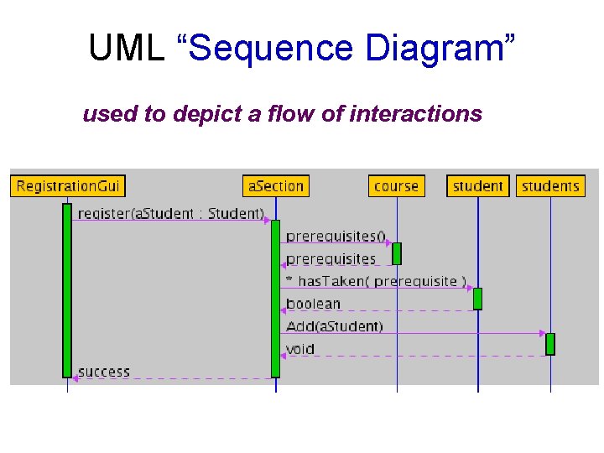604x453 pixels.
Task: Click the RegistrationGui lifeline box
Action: pos(67,185)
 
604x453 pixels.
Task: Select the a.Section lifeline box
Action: pos(276,185)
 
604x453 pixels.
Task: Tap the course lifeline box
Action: pos(397,185)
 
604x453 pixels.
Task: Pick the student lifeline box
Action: pos(478,185)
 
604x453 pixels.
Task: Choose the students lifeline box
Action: pos(550,185)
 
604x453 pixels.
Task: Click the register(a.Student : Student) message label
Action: pos(171,213)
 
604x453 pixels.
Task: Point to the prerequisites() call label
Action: pos(336,237)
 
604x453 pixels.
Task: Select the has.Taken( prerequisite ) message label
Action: pos(377,281)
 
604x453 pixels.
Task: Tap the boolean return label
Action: pos(313,304)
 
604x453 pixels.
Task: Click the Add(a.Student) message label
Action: pos(334,326)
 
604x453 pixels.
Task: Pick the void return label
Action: pos(299,349)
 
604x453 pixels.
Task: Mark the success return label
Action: pos(104,372)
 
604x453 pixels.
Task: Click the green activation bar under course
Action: pos(397,253)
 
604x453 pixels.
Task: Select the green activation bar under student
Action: pos(478,299)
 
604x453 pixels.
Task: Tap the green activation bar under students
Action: pos(550,344)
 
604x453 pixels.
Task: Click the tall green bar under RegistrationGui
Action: pos(67,289)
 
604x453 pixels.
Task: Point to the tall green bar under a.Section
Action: pos(276,298)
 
